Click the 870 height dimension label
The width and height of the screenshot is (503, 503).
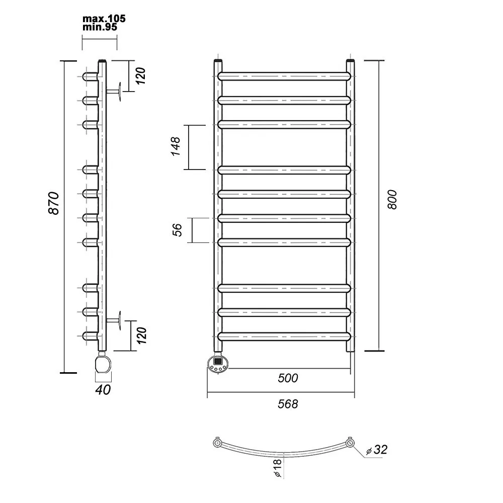54,203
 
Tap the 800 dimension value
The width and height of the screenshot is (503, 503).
392,200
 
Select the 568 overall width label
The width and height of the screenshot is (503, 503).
288,404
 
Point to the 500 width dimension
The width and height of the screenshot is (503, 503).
288,378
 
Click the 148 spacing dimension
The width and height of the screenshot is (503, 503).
176,146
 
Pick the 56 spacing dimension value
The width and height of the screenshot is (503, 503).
177,230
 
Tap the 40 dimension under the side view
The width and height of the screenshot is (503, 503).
103,389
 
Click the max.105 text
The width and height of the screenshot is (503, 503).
104,19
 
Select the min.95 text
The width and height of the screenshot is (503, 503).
100,27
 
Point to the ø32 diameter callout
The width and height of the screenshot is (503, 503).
377,450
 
